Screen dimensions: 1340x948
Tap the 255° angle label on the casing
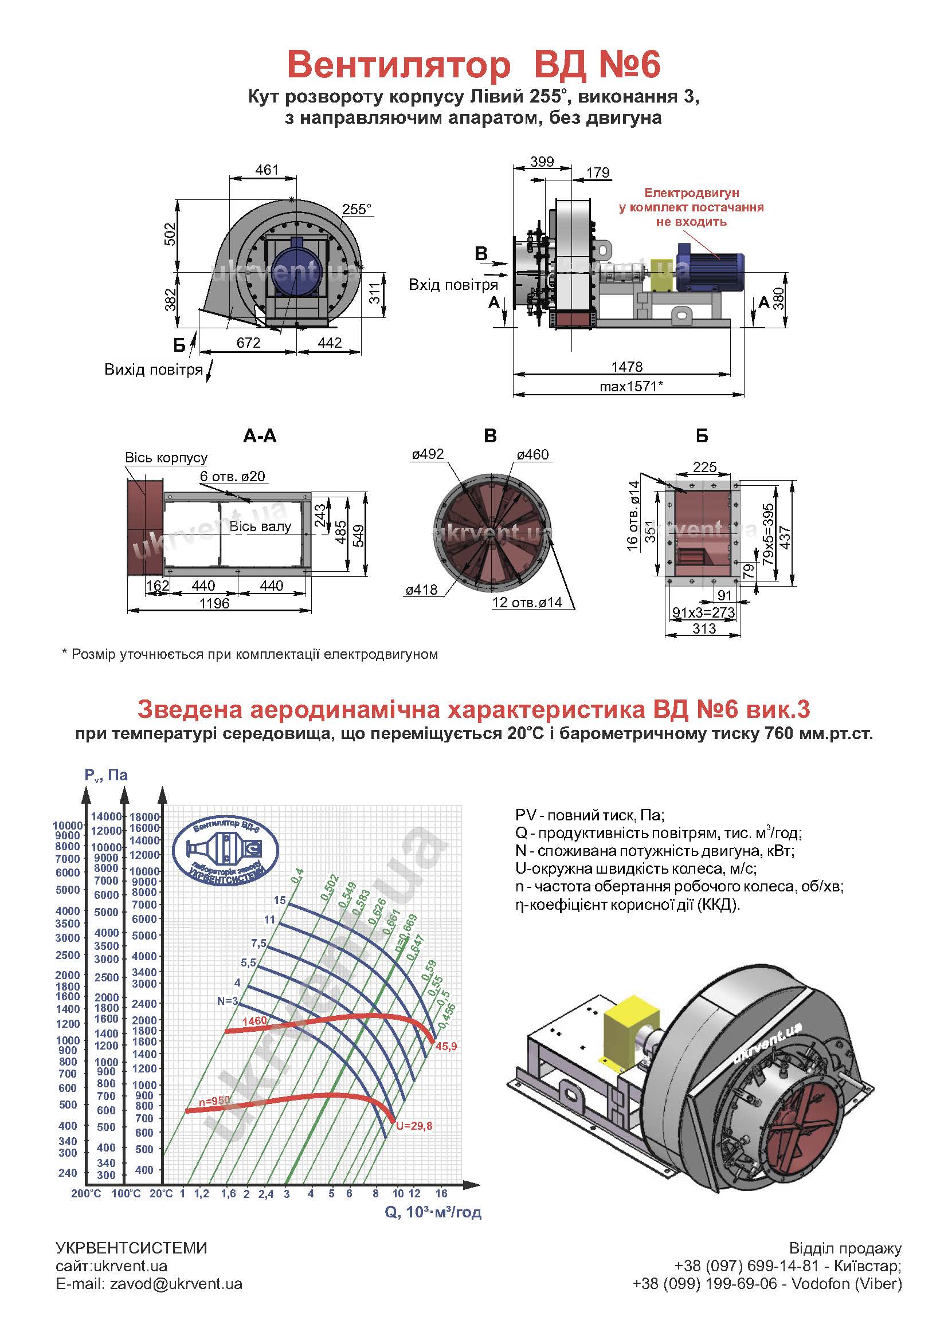coord(357,209)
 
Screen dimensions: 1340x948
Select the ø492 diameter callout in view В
coord(428,454)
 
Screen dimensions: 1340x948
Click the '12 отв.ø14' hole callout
coord(527,602)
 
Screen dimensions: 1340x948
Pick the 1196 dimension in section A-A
coord(214,603)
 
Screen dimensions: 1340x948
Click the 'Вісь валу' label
coord(260,526)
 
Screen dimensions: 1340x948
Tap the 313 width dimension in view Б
coord(704,628)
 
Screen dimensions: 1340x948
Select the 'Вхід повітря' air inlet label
coord(453,285)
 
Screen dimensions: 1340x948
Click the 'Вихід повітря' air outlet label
coord(154,370)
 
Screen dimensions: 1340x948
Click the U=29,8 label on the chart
coord(414,1126)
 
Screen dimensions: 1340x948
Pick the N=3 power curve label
coord(227,1001)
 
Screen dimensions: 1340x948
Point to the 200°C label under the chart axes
coord(86,1193)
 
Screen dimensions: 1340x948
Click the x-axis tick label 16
coord(441,1193)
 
